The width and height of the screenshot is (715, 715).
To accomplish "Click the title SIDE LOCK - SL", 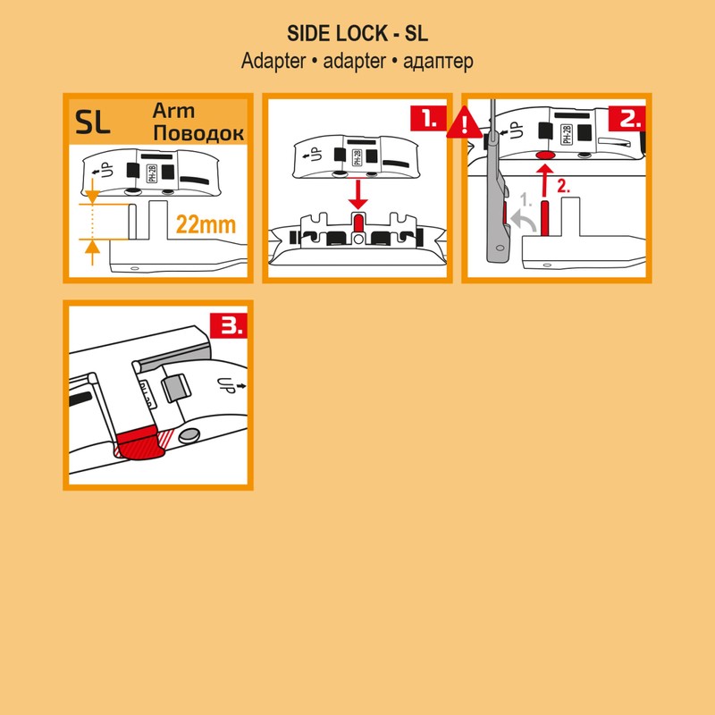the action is [x=357, y=34].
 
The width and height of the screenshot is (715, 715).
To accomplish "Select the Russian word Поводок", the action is [x=198, y=133].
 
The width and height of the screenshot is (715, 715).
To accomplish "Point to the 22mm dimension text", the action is [x=206, y=224].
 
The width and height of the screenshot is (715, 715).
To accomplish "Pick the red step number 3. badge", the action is [x=230, y=325].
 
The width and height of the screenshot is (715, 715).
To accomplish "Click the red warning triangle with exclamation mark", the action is [x=462, y=123].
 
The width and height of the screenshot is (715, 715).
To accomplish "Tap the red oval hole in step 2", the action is [x=543, y=156].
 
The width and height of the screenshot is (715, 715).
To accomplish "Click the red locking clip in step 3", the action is [x=141, y=443].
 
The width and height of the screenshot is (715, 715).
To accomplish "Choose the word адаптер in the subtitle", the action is [x=438, y=62].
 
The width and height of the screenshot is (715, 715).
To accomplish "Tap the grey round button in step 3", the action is [x=189, y=435].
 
